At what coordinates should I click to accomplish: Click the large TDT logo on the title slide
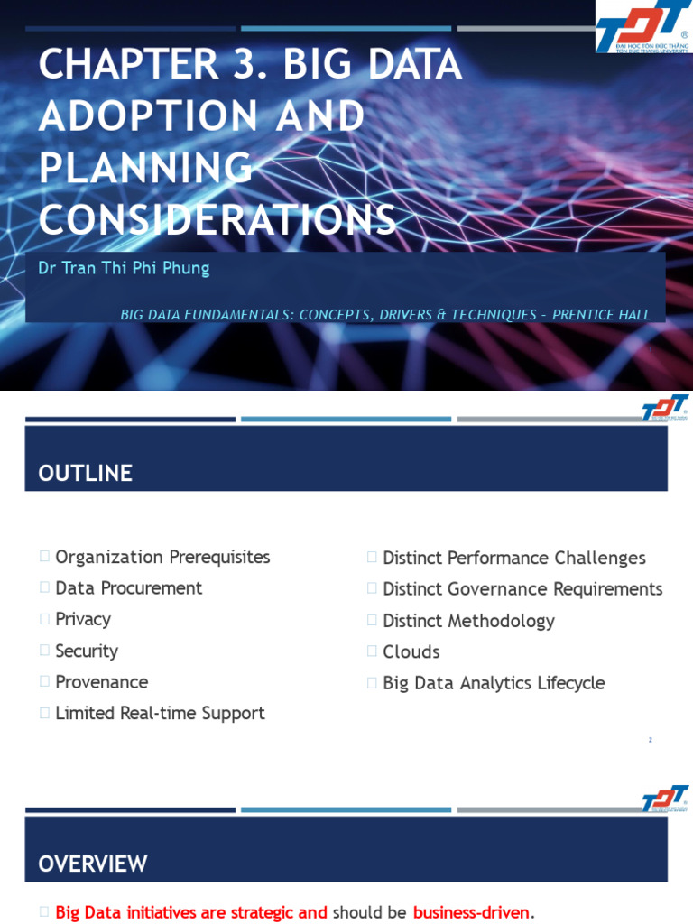tap(642, 27)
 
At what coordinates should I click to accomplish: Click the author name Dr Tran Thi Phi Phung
tap(124, 268)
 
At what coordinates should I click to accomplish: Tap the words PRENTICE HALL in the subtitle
tap(601, 314)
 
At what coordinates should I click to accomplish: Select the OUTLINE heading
tap(85, 473)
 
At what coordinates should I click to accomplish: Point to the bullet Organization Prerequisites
tap(162, 557)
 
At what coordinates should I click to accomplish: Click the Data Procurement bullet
tap(128, 588)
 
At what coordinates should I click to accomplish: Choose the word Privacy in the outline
tap(83, 619)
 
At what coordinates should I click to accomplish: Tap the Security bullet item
tap(87, 651)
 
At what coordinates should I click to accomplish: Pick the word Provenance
tap(101, 682)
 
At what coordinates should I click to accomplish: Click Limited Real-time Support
tap(160, 713)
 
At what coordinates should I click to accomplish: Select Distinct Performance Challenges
tap(513, 558)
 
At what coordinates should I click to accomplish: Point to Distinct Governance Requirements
tap(522, 589)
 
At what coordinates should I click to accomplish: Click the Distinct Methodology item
tap(468, 621)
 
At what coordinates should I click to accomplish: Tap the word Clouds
tap(411, 651)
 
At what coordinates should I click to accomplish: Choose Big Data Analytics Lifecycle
tap(494, 683)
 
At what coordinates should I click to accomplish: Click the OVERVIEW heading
tap(92, 864)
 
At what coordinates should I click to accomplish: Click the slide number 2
tap(650, 740)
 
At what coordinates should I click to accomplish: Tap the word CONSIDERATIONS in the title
tap(217, 219)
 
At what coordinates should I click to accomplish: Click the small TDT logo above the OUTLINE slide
tap(664, 409)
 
